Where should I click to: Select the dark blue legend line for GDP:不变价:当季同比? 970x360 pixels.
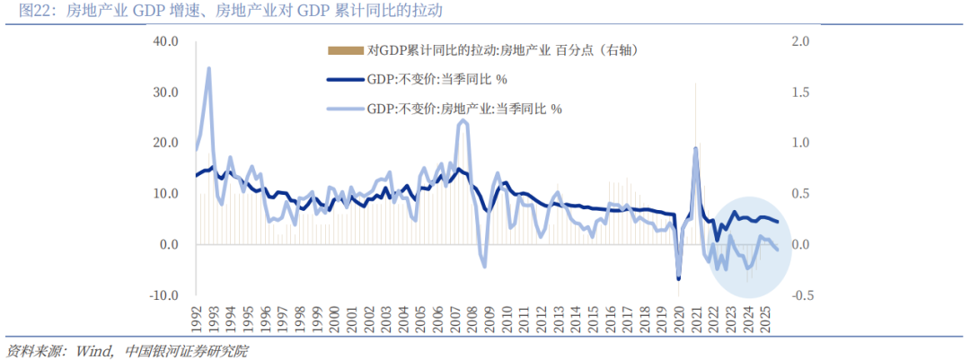pyautogui.click(x=345, y=79)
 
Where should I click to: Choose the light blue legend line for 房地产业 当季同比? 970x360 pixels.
pyautogui.click(x=345, y=108)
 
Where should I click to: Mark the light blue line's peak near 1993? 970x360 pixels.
pyautogui.click(x=209, y=68)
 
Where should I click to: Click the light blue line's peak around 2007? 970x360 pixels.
pyautogui.click(x=462, y=120)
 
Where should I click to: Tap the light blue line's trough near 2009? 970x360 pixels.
pyautogui.click(x=484, y=266)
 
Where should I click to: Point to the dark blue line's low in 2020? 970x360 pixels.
pyautogui.click(x=678, y=278)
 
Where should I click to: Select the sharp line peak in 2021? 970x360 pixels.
pyautogui.click(x=695, y=148)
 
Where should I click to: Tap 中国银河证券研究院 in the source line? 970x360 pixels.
pyautogui.click(x=186, y=350)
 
